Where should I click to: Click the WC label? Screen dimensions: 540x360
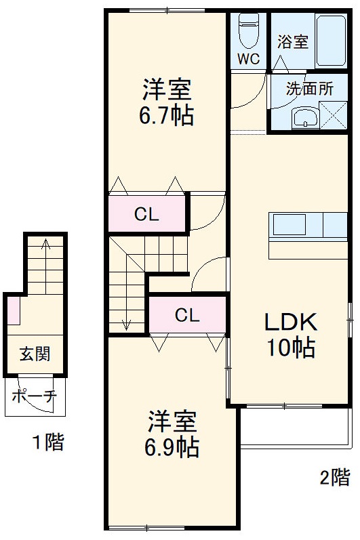tap(247, 58)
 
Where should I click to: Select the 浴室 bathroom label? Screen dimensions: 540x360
tap(292, 42)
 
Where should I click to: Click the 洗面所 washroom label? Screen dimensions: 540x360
tap(308, 88)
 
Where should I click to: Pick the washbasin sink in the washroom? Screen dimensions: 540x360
tap(306, 118)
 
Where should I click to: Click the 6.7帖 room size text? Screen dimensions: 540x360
tap(166, 116)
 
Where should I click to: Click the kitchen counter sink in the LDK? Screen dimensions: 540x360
tap(287, 224)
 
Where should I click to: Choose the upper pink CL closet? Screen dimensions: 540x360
tap(146, 215)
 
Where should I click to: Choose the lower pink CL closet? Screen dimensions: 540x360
tap(187, 315)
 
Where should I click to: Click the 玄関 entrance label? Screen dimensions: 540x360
tap(33, 354)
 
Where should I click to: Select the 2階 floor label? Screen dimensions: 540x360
tap(335, 477)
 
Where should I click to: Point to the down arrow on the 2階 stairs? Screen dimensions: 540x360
tap(126, 325)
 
